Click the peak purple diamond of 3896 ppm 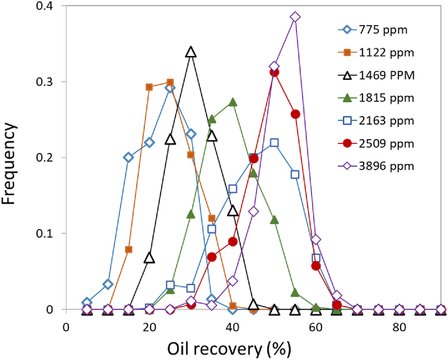pyautogui.click(x=295, y=17)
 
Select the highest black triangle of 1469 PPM pyautogui.click(x=191, y=52)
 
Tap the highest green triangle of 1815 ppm pyautogui.click(x=233, y=102)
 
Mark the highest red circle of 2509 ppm pyautogui.click(x=274, y=72)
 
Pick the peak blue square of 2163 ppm pyautogui.click(x=274, y=143)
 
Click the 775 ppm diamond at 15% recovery pyautogui.click(x=128, y=157)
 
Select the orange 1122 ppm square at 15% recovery pyautogui.click(x=129, y=249)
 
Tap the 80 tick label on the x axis pyautogui.click(x=399, y=327)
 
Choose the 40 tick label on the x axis pyautogui.click(x=232, y=327)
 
